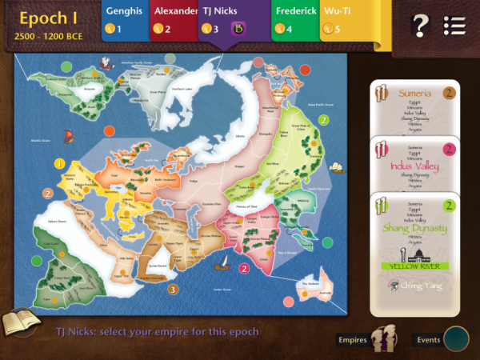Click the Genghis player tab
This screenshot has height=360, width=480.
tap(125, 20)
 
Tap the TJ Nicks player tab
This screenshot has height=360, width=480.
tap(222, 20)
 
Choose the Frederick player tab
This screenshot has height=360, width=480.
tap(294, 20)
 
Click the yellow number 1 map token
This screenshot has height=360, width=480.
tap(59, 163)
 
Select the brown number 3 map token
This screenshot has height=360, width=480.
tap(174, 289)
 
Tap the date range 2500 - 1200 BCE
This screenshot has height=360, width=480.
tap(49, 37)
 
